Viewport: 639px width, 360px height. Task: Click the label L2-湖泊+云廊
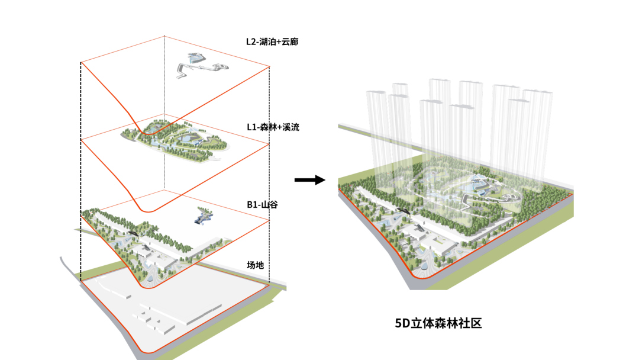pos(272,41)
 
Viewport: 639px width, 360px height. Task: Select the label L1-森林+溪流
pos(273,127)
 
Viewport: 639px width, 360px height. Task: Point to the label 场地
pos(255,265)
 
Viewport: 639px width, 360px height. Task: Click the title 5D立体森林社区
pos(439,323)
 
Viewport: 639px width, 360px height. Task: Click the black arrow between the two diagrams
pos(310,179)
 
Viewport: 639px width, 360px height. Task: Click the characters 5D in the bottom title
pos(402,323)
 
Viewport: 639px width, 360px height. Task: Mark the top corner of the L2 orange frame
pos(164,36)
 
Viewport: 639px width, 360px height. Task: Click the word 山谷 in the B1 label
pos(269,204)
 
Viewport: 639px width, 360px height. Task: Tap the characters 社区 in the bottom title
pos(473,323)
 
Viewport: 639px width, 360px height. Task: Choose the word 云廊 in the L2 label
pos(290,41)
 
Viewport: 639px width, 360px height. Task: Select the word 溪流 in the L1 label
pos(290,127)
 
